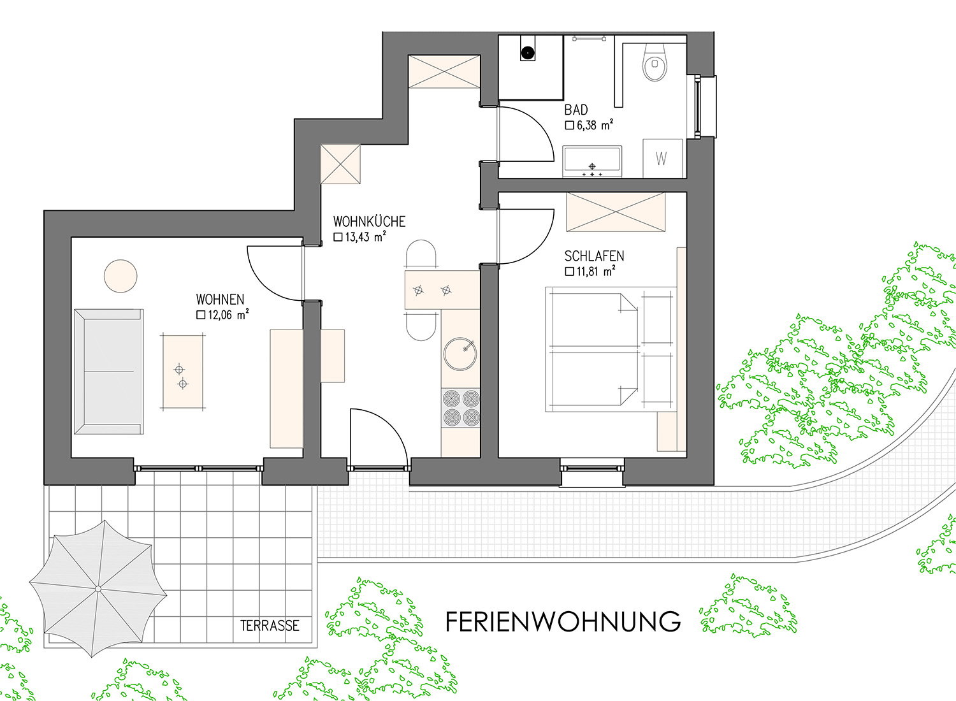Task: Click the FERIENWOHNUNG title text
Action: point(563,621)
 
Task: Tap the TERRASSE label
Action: point(270,625)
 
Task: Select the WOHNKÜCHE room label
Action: point(369,221)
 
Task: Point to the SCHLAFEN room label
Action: point(594,256)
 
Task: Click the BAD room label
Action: point(576,110)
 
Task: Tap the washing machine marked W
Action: point(662,158)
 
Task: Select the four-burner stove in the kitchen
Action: point(461,407)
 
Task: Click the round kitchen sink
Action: point(460,354)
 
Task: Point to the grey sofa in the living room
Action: point(109,372)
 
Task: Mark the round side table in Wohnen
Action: point(121,276)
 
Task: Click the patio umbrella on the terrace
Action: point(98,588)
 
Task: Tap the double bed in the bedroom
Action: point(592,349)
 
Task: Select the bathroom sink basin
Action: point(592,161)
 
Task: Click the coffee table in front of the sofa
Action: point(183,372)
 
